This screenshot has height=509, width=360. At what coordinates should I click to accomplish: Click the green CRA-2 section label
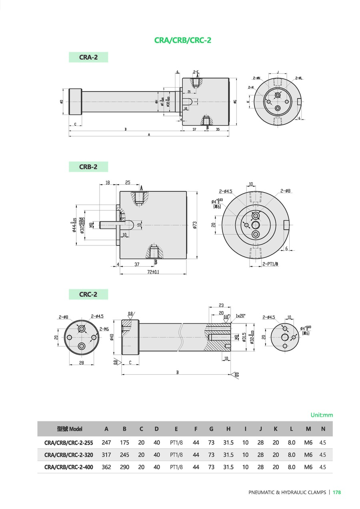88,57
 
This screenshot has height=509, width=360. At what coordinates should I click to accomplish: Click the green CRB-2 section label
88,167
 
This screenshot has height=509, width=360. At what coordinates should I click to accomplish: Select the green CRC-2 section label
88,294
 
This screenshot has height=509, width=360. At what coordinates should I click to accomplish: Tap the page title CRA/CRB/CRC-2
183,40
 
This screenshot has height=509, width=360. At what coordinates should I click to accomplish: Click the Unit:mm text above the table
322,415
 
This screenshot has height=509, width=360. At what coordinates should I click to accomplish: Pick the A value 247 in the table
106,443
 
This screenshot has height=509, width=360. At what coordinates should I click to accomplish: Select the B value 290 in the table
124,467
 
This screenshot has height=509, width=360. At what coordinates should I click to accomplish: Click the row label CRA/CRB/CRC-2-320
69,455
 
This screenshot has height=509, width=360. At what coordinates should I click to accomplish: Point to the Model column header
70,429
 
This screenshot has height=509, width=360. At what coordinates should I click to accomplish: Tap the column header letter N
323,429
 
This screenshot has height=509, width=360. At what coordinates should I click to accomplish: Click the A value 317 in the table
106,455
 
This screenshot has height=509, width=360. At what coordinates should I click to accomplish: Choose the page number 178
337,493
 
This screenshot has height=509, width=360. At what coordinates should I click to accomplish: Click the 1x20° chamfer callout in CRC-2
240,315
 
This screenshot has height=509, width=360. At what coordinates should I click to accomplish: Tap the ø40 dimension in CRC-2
112,337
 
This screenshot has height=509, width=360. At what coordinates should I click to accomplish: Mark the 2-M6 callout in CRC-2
104,329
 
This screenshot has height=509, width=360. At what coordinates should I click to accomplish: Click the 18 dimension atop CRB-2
108,182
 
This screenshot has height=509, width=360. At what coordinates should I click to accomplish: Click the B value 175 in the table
124,443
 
